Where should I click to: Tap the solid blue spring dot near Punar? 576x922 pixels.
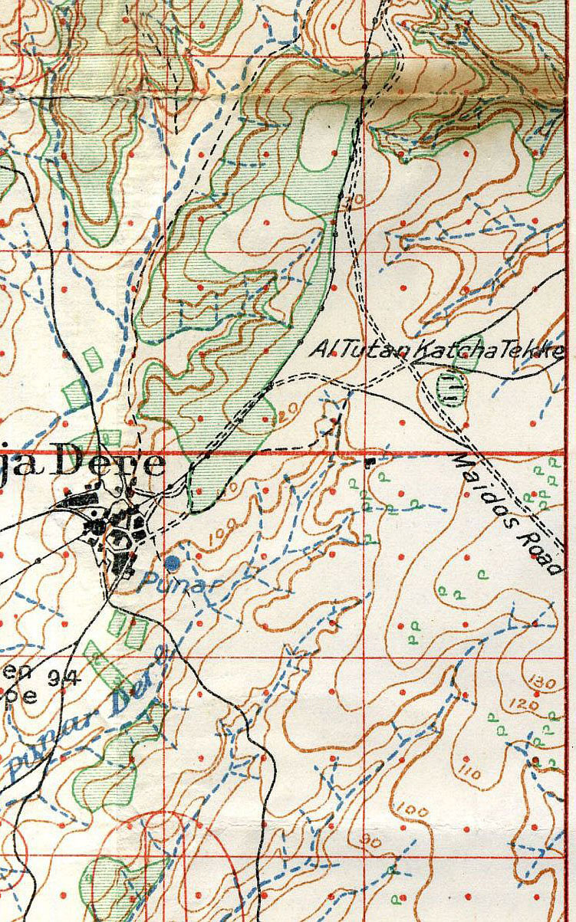[173, 563]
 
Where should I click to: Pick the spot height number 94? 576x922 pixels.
[66, 675]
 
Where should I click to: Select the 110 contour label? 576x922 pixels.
[470, 771]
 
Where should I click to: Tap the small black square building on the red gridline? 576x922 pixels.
[371, 462]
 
